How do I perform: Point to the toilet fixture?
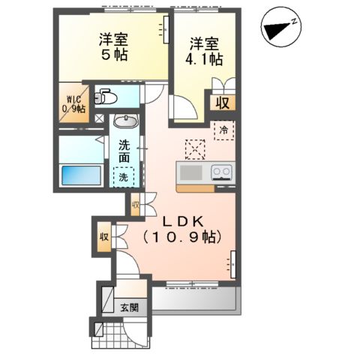click(106, 97)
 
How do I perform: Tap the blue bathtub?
click(79, 175)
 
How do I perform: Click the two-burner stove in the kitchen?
click(221, 173)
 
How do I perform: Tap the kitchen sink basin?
click(191, 173)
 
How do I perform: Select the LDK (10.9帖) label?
click(181, 228)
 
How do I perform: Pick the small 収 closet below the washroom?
click(136, 203)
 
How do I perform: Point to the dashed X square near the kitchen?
click(195, 148)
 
